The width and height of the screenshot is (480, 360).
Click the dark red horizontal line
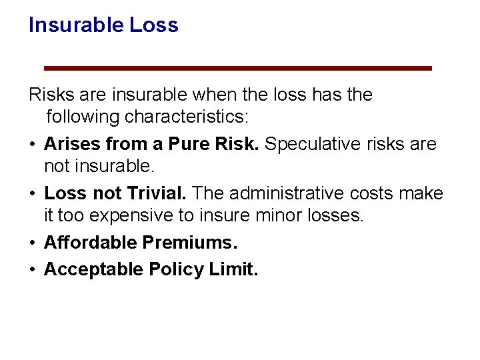tap(238, 68)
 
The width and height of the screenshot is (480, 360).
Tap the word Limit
tap(233, 269)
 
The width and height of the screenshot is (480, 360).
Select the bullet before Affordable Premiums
tap(33, 243)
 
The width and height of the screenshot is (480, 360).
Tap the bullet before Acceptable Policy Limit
tap(33, 269)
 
